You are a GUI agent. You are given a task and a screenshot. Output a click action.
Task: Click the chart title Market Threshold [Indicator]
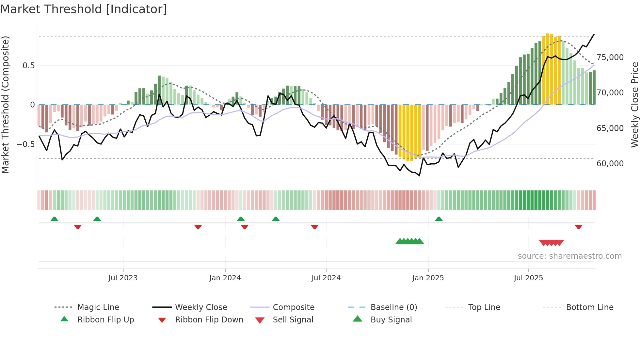[84, 9]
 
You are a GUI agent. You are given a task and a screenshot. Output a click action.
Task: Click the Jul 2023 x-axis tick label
[123, 278]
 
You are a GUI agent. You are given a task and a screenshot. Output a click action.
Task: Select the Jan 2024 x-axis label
[225, 278]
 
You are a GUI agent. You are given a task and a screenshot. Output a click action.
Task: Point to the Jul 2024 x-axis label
[326, 278]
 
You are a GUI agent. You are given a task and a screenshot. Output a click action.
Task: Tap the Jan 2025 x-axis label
[428, 278]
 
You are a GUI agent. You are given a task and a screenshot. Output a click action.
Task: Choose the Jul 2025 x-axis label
[528, 278]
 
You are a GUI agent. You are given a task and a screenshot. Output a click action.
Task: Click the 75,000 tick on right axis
[610, 57]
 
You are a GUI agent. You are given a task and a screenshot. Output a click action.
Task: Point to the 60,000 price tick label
[610, 164]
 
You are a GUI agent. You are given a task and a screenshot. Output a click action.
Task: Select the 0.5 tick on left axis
[28, 66]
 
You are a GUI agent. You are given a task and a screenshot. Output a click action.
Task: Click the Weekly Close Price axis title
[634, 105]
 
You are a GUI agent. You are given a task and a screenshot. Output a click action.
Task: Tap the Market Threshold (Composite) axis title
[5, 105]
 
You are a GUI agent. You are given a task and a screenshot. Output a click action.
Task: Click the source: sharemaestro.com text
[569, 256]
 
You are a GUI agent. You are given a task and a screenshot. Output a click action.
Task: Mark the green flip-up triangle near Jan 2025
[439, 219]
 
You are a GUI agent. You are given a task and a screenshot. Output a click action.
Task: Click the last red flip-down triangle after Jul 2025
[579, 227]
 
